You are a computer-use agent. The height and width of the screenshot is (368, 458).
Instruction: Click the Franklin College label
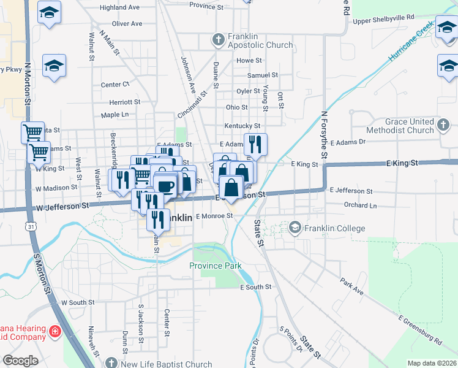(335, 229)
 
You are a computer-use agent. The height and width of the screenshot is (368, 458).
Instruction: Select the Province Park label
(215, 266)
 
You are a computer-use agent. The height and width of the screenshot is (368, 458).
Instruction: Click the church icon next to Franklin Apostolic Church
(218, 40)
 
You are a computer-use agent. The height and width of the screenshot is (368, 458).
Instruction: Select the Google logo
(20, 361)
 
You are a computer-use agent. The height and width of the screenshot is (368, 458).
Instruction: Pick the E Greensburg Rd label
(420, 329)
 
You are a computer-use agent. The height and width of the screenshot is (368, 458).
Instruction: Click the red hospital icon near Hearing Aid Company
(54, 332)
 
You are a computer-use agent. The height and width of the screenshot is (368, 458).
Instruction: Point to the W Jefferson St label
(62, 207)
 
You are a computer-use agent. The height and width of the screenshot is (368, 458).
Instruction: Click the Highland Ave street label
(119, 7)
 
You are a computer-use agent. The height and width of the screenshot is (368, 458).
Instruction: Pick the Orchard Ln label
(359, 205)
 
